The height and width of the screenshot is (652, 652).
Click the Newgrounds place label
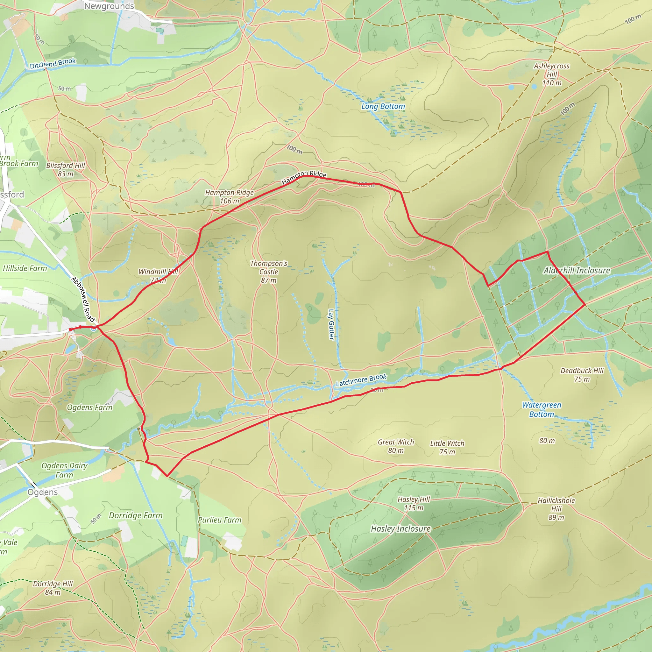click(x=109, y=6)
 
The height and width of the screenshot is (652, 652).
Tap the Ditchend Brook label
click(x=53, y=63)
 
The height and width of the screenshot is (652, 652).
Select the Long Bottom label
click(x=383, y=106)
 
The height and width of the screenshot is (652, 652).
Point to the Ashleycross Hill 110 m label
click(x=551, y=74)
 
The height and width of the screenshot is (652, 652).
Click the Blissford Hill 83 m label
click(x=66, y=169)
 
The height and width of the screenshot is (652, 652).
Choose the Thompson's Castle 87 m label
click(x=269, y=272)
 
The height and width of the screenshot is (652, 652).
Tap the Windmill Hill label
click(x=158, y=275)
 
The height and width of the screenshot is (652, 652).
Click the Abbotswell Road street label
click(x=83, y=299)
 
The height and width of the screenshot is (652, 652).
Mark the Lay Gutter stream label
click(x=331, y=324)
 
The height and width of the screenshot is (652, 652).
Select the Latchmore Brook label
click(x=361, y=380)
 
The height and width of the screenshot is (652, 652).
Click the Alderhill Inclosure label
click(x=577, y=270)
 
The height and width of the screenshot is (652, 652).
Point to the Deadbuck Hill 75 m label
click(x=582, y=375)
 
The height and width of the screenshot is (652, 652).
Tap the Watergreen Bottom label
click(x=542, y=409)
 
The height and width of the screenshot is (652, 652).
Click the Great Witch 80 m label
click(x=396, y=446)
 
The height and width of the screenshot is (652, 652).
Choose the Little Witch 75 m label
click(x=447, y=448)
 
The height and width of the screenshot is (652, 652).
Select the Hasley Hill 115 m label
click(x=414, y=503)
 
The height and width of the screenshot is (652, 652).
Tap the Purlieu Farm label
click(x=220, y=520)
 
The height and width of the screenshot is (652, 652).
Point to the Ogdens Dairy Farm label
click(x=64, y=470)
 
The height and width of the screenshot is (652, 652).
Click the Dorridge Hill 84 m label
click(x=53, y=588)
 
